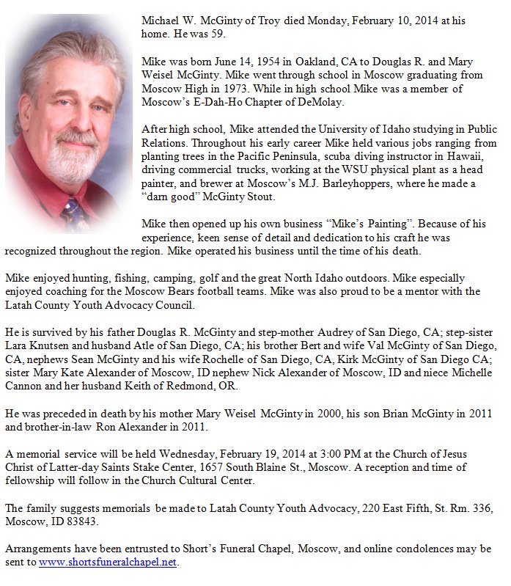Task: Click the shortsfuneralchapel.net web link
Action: (x=108, y=563)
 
